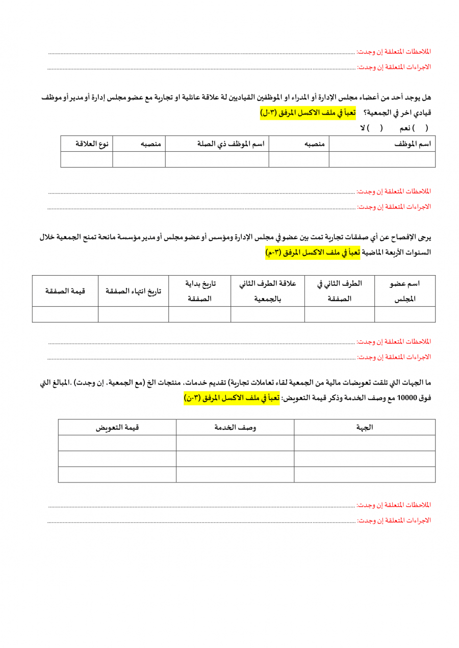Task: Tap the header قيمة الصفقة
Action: pos(65,291)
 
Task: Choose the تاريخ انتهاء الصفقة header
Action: pos(133,291)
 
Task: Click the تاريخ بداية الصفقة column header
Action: pos(199,291)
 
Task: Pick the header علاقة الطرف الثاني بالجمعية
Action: pos(268,291)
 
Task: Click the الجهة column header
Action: pos(365,427)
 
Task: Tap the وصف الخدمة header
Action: pos(235,427)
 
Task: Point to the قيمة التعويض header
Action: pos(117,427)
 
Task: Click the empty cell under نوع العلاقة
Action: pos(87,159)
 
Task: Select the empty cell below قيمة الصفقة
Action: pos(65,314)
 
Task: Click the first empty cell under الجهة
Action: pos(365,443)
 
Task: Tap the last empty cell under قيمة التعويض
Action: pos(117,474)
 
